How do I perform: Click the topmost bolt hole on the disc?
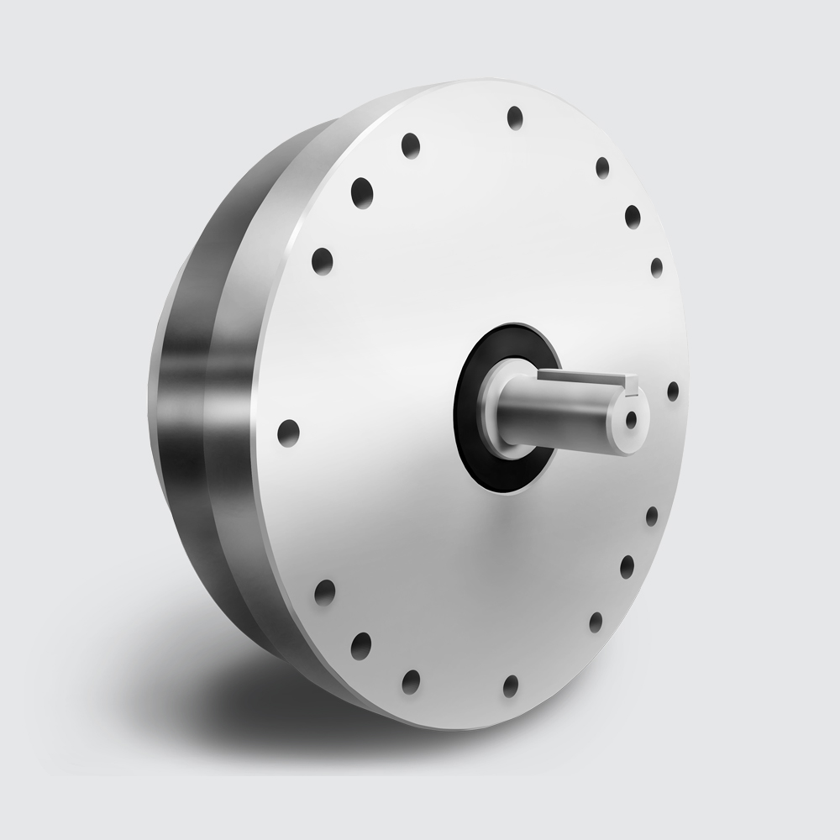coord(515,118)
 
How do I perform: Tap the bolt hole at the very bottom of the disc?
coord(511,685)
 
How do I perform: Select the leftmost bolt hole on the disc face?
coord(288,433)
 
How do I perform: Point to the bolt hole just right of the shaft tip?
coord(673,391)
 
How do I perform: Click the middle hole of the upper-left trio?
coord(362,192)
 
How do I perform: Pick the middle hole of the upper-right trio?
coord(633,217)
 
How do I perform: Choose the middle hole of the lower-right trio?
coord(627,566)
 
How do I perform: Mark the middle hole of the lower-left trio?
coord(361,645)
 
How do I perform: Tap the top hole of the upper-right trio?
coord(602,167)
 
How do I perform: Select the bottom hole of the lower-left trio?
coord(411,680)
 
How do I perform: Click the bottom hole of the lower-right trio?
coord(596,622)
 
